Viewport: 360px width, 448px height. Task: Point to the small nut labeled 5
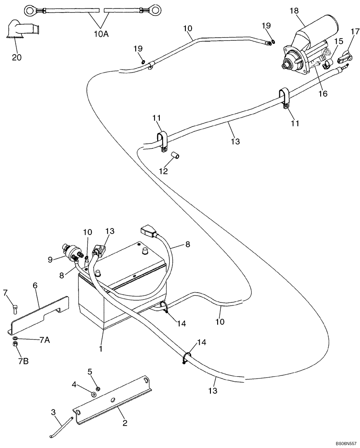click(98, 388)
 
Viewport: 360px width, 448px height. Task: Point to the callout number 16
click(323, 94)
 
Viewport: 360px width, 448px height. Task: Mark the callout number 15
click(339, 41)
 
